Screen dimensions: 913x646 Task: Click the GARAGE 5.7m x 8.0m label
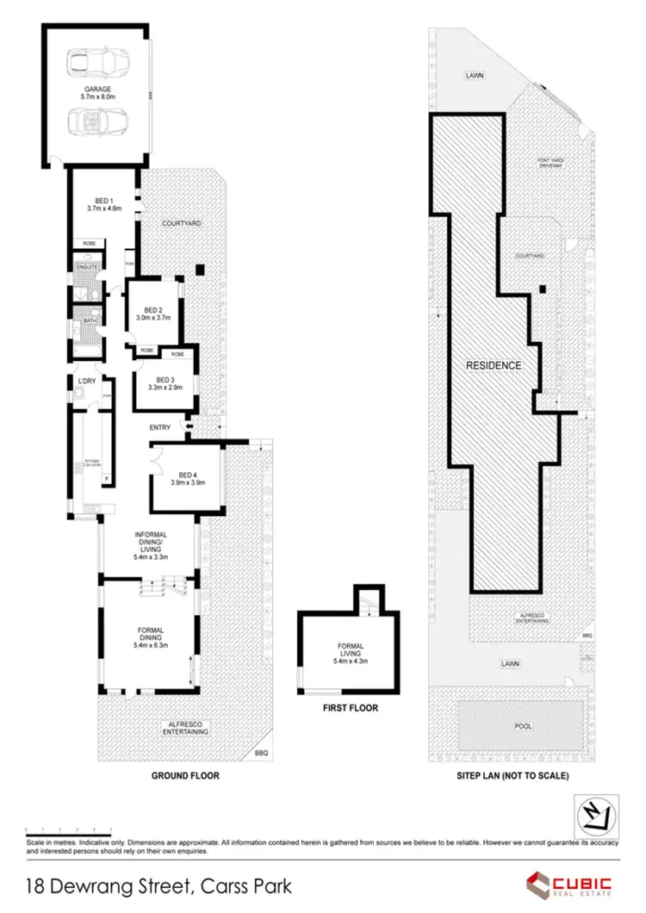click(97, 93)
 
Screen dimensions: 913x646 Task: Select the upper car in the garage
click(96, 62)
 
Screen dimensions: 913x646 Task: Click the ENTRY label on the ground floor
click(160, 427)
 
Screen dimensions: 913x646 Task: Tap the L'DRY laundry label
click(86, 381)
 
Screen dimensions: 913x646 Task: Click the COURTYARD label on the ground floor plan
click(181, 223)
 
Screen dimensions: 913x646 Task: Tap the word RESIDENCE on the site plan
click(494, 365)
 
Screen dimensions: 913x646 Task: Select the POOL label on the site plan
click(524, 725)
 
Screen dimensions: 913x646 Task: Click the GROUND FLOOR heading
click(185, 775)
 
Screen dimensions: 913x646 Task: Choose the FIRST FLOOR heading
click(350, 708)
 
